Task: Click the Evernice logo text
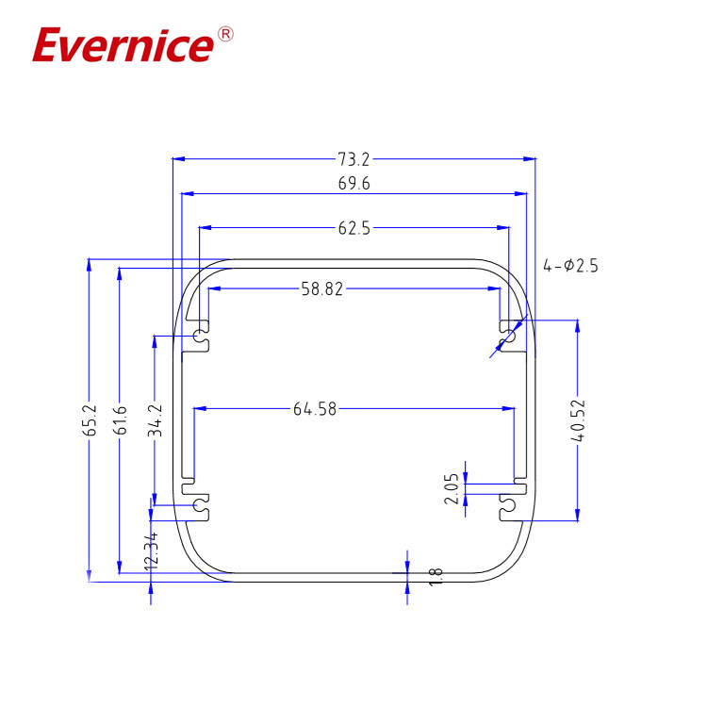click(123, 44)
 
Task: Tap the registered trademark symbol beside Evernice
click(225, 35)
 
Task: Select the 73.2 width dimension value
click(353, 160)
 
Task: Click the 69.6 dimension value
click(353, 185)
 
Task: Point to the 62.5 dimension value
click(353, 227)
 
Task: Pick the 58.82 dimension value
click(321, 289)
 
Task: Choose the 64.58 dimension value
click(315, 408)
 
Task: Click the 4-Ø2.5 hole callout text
click(570, 266)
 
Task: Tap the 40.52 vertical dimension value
click(578, 420)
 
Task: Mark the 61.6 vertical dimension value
click(120, 420)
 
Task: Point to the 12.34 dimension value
click(151, 549)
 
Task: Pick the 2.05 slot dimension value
click(452, 488)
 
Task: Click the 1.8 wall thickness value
click(435, 577)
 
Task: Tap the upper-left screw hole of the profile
click(200, 336)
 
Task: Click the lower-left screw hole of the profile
click(200, 507)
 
